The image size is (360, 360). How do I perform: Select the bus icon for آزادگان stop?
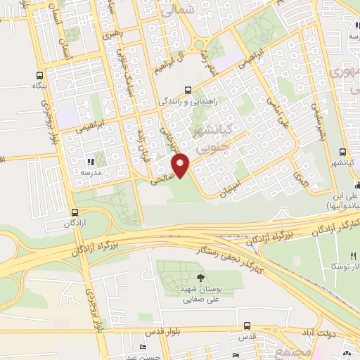[75, 212]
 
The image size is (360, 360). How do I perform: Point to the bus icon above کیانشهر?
[342, 152]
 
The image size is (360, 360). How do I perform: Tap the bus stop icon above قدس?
[246, 326]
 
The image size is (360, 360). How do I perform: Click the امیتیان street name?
[240, 185]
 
